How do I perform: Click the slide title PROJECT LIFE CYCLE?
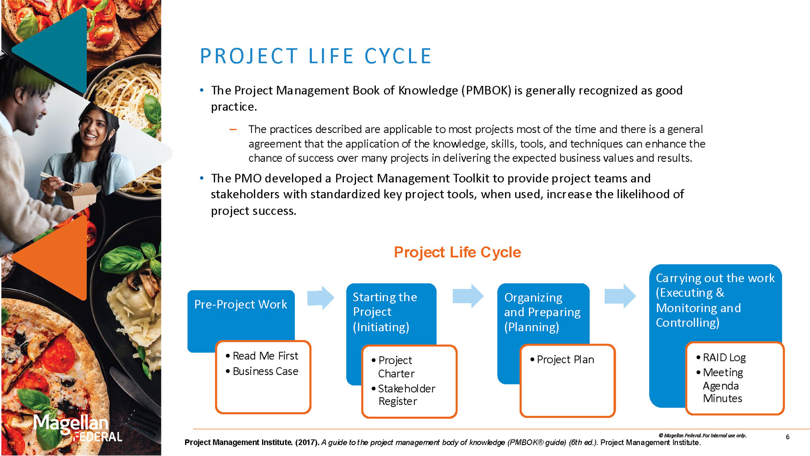[316, 56]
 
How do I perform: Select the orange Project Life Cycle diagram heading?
[457, 252]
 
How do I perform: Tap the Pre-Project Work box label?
[240, 304]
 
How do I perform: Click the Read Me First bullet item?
[265, 356]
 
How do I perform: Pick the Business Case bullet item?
[265, 371]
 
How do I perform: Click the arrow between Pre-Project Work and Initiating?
[321, 298]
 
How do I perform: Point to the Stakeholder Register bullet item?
[406, 395]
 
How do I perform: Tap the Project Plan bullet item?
[565, 359]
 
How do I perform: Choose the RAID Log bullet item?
[724, 358]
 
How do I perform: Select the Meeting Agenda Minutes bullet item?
[722, 385]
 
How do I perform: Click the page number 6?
[788, 437]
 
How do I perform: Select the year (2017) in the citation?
[307, 442]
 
